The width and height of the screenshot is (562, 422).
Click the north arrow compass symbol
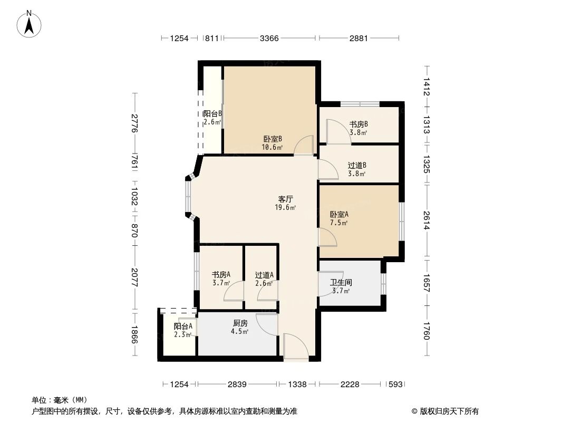click(29, 24)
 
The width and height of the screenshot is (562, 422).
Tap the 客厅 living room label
click(286, 199)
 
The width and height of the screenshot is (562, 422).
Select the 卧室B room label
click(273, 139)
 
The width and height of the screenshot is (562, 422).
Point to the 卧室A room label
click(339, 214)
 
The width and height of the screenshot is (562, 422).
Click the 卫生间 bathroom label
click(341, 283)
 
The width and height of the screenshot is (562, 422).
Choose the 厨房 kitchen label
click(240, 323)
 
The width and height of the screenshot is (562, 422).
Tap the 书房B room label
click(359, 124)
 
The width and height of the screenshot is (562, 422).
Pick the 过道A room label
click(264, 275)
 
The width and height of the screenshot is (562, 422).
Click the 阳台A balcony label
click(183, 327)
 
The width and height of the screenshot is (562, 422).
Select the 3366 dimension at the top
click(269, 38)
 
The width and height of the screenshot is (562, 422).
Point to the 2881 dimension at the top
click(359, 38)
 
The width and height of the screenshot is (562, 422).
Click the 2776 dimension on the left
click(135, 123)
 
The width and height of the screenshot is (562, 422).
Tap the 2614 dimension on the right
click(426, 220)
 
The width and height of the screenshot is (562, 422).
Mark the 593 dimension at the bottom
click(396, 385)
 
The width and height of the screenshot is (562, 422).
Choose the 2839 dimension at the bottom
click(237, 385)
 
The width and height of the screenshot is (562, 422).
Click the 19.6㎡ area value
click(285, 208)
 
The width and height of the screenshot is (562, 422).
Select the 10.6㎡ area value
click(273, 147)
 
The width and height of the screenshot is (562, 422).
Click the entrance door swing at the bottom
click(296, 346)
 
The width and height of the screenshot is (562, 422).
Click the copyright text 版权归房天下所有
click(449, 411)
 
